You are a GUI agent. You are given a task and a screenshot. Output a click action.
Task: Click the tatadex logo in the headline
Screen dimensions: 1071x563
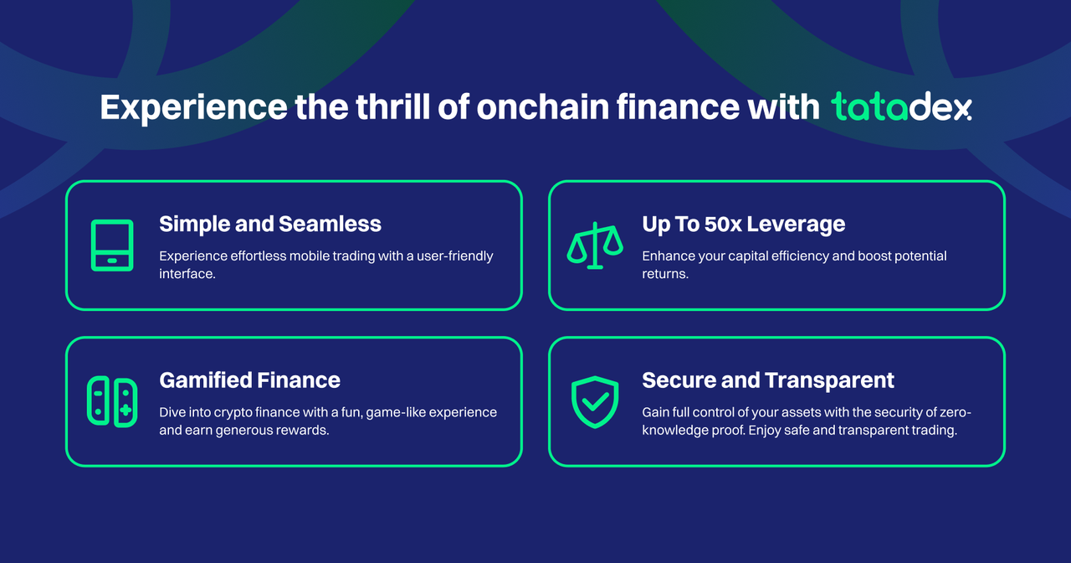(901, 106)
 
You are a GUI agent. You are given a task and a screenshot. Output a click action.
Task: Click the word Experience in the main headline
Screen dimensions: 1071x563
(193, 108)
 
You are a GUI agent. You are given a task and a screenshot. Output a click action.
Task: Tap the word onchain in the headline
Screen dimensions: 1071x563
(543, 106)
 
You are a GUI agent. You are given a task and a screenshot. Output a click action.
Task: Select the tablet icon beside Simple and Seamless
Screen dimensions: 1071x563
(112, 245)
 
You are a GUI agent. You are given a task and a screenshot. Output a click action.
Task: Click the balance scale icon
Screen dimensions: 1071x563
(595, 245)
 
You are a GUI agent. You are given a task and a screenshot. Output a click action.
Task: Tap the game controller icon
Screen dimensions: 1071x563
(112, 401)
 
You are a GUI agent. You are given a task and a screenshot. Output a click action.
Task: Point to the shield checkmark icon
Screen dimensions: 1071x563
(595, 401)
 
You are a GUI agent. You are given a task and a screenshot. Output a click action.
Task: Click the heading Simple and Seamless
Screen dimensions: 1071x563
(270, 224)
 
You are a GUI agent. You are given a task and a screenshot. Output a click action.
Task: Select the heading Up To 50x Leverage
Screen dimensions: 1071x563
(744, 225)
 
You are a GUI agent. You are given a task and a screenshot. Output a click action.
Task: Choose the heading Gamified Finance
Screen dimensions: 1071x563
(249, 380)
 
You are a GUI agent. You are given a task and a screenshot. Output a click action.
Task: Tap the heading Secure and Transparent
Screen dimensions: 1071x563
(768, 381)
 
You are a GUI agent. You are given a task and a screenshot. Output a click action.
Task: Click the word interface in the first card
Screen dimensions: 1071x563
(187, 274)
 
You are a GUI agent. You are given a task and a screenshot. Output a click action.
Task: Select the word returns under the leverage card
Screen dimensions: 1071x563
(665, 274)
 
